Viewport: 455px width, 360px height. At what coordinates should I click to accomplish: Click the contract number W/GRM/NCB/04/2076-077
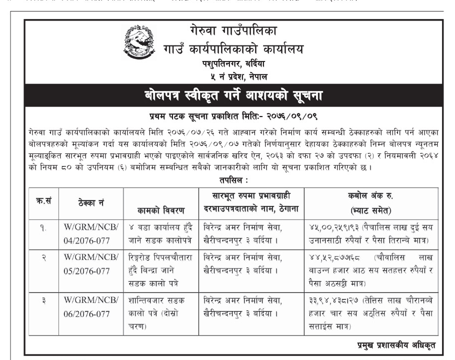click(x=90, y=234)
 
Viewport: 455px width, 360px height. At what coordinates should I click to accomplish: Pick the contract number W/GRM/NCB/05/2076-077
click(x=90, y=269)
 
